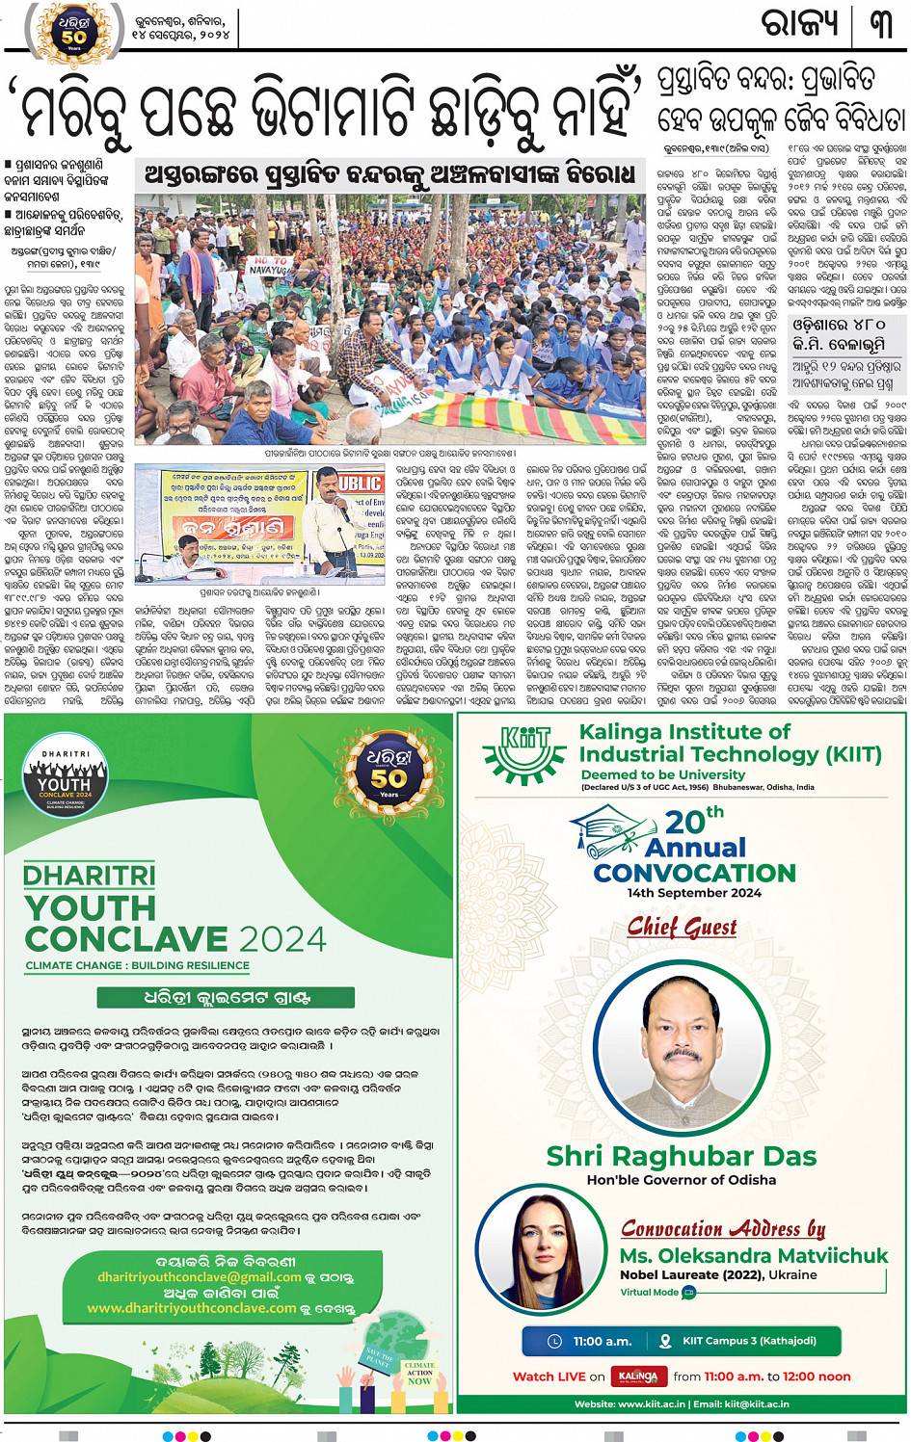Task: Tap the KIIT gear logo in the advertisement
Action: (524, 752)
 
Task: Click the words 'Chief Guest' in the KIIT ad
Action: (682, 927)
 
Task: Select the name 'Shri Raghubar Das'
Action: (681, 1156)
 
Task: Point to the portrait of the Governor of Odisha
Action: (681, 1040)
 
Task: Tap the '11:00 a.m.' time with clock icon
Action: (590, 1341)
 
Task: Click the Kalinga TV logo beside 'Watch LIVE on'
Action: (638, 1376)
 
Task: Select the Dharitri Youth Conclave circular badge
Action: (65, 778)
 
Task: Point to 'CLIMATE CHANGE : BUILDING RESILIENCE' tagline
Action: (137, 965)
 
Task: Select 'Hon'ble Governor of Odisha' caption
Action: (681, 1180)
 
